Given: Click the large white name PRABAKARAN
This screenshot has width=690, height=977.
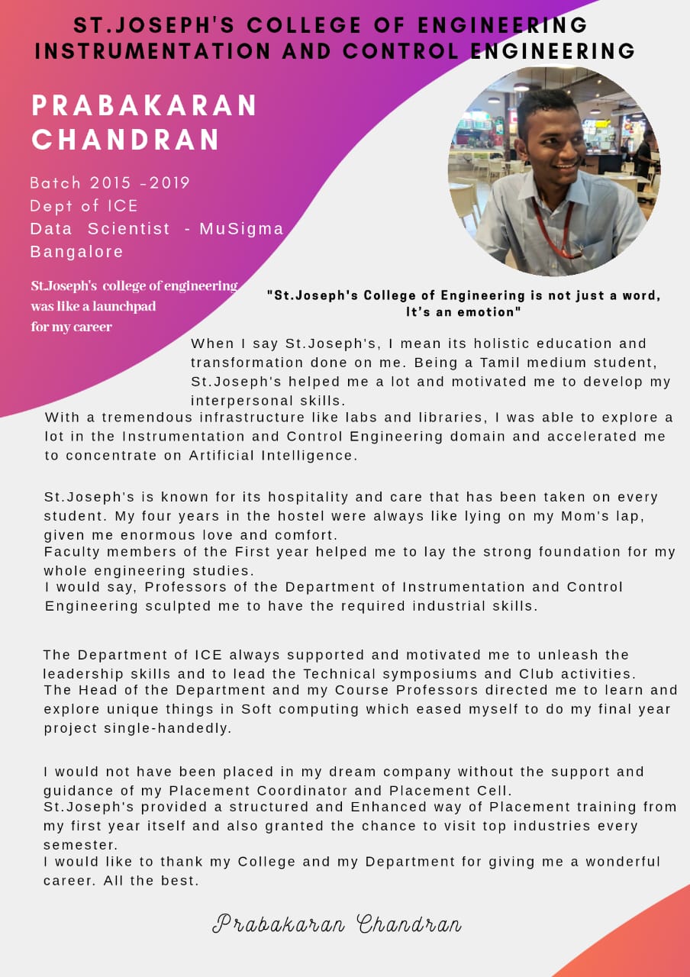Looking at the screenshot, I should click(x=145, y=105).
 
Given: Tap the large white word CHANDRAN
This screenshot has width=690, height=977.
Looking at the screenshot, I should click(x=126, y=140).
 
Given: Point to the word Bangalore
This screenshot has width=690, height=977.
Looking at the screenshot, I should click(x=76, y=252).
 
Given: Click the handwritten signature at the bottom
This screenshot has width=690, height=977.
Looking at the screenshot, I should click(x=337, y=924).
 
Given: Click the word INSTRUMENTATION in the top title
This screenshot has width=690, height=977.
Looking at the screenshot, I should click(x=153, y=52).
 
